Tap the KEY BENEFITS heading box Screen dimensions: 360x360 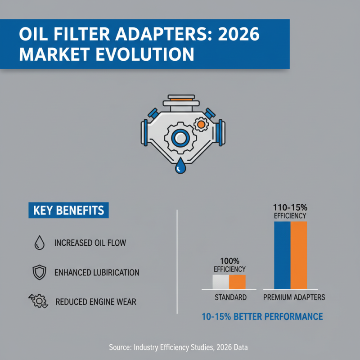[x=69, y=210]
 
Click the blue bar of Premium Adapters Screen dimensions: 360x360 [x=282, y=255]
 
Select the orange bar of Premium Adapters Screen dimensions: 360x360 [x=298, y=255]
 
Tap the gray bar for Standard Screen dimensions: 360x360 [x=221, y=282]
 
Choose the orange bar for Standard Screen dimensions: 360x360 [x=237, y=282]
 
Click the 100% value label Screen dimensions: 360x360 [x=229, y=261]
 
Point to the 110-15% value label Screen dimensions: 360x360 [x=290, y=208]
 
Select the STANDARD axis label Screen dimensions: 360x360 [x=229, y=297]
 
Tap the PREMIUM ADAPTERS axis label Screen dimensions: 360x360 [x=294, y=297]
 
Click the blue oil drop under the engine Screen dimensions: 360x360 [x=180, y=166]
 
